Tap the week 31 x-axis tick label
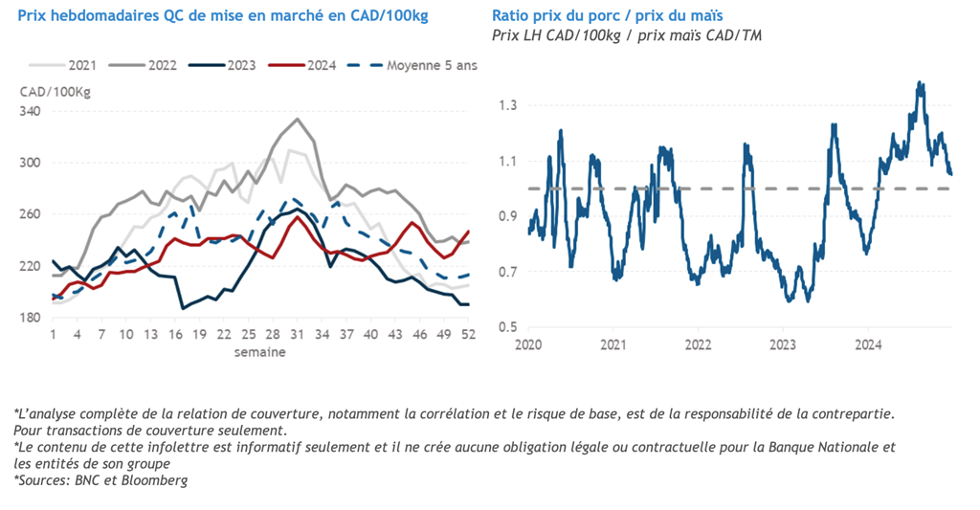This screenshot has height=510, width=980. point(298,336)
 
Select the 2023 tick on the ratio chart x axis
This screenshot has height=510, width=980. point(783,344)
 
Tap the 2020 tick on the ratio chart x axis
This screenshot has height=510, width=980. point(528,344)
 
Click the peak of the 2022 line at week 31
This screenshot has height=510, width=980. point(298,120)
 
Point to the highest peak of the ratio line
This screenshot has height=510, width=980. point(920,83)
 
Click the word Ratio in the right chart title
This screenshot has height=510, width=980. point(511,16)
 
